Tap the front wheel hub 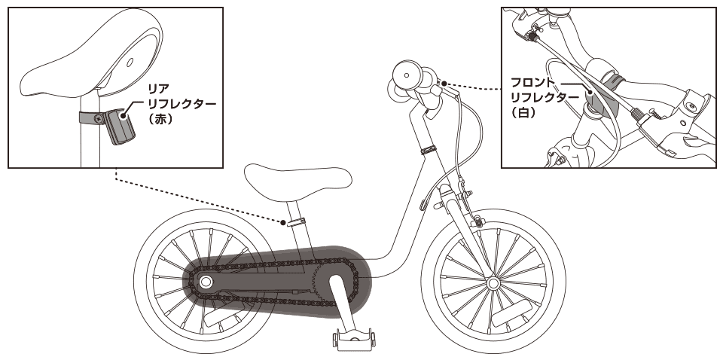(493, 283)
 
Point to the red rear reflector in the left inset (119, 125)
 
